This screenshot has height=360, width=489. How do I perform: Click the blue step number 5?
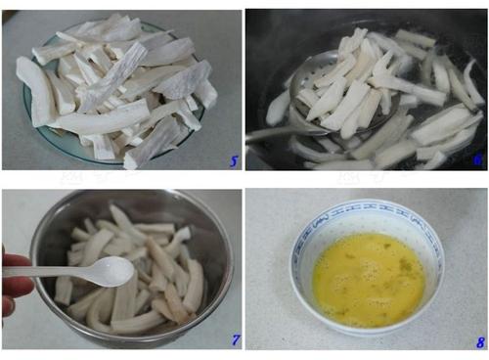point(234,161)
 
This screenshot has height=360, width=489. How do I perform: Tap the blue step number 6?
point(477,159)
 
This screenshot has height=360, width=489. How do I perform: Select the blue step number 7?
point(236,339)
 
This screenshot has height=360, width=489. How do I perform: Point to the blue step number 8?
point(480,342)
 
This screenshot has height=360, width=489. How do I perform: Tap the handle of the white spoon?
point(49,272)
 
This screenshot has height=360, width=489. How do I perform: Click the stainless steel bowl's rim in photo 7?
point(130,195)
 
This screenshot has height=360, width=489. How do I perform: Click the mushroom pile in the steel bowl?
point(130,271)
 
